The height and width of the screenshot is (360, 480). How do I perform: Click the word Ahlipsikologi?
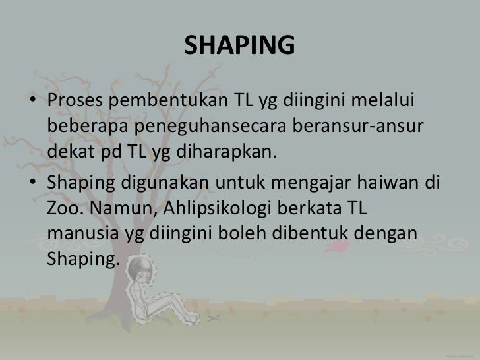point(222,208)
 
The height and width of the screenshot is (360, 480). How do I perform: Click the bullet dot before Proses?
point(32,102)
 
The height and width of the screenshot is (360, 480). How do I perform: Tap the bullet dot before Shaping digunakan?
point(32,183)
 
